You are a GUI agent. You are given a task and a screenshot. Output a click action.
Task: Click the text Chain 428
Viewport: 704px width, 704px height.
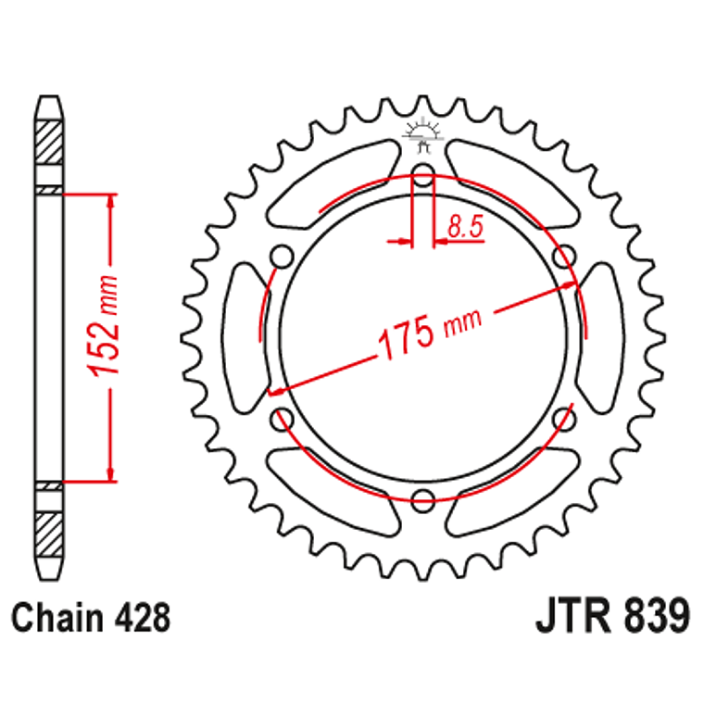coord(92,616)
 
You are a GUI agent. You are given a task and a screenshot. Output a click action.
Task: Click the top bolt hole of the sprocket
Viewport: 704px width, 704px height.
coord(423,175)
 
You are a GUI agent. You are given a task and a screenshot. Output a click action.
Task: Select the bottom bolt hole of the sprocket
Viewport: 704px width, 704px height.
coord(423,501)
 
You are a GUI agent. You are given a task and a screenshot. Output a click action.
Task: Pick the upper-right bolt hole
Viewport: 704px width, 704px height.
coord(563,256)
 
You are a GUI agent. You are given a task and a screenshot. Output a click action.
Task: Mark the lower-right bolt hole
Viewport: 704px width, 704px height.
coord(563,420)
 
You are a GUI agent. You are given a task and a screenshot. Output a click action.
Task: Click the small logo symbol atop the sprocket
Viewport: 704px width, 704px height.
coord(422,135)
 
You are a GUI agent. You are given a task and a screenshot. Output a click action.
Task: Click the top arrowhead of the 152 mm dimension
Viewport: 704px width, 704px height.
coord(111,201)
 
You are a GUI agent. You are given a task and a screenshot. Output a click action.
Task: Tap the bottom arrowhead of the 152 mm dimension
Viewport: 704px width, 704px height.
coord(111,474)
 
